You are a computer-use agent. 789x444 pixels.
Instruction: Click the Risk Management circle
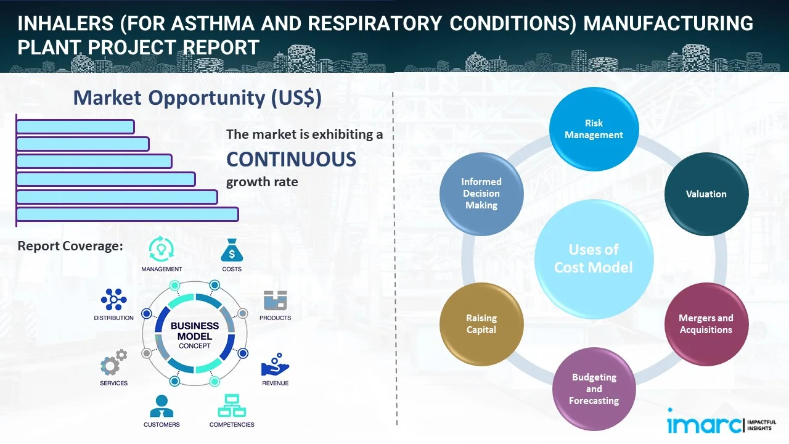pyautogui.click(x=594, y=129)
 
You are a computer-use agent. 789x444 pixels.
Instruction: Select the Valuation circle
pyautogui.click(x=706, y=194)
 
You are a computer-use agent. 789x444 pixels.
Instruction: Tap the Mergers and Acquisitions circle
pyautogui.click(x=706, y=324)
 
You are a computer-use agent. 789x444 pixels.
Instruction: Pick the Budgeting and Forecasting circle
pyautogui.click(x=594, y=388)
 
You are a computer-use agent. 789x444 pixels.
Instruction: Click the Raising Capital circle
pyautogui.click(x=481, y=324)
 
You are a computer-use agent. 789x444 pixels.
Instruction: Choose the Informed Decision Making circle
pyautogui.click(x=481, y=194)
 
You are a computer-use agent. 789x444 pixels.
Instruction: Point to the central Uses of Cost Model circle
pyautogui.click(x=594, y=258)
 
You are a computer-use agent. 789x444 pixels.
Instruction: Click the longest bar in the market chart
pyautogui.click(x=127, y=214)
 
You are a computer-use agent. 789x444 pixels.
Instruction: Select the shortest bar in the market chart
pyautogui.click(x=75, y=126)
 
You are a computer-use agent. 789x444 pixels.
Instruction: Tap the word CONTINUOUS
pyautogui.click(x=291, y=159)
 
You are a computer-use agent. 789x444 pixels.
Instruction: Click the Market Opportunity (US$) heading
pyautogui.click(x=197, y=97)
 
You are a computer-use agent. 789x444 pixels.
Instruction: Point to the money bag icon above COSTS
pyautogui.click(x=232, y=251)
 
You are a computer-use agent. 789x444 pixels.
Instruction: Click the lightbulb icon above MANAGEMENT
pyautogui.click(x=161, y=249)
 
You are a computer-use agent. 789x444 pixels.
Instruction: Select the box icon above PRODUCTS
pyautogui.click(x=275, y=301)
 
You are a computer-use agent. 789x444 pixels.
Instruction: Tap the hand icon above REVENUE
pyautogui.click(x=275, y=365)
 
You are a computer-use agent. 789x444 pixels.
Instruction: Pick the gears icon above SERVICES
pyautogui.click(x=114, y=364)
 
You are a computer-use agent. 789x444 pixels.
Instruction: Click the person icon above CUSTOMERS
pyautogui.click(x=161, y=406)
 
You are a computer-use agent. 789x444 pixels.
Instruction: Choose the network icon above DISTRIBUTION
pyautogui.click(x=114, y=300)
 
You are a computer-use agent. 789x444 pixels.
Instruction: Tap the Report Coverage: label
pyautogui.click(x=70, y=246)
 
